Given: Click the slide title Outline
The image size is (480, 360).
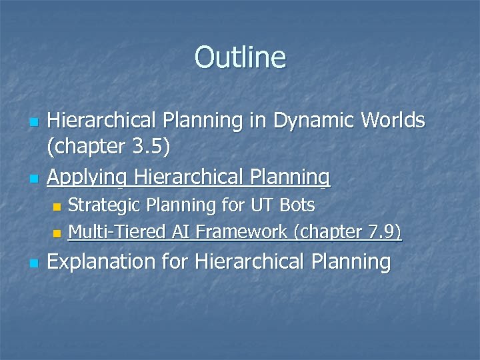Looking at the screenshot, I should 240,57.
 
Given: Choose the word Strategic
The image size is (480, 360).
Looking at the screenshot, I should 107,204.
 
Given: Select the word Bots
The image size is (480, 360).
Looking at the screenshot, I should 297,204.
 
